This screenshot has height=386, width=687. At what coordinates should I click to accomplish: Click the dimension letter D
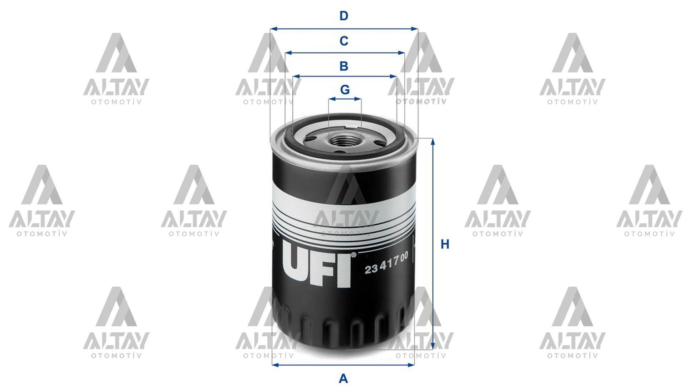(343, 16)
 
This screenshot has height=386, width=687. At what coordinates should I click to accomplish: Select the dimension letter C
(343, 41)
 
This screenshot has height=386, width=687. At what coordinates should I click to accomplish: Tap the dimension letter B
(343, 66)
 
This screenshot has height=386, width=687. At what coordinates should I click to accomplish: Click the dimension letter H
(445, 244)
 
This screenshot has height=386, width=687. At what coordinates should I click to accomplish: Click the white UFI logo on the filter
(316, 266)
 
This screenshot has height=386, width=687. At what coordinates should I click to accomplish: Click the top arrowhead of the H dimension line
(433, 142)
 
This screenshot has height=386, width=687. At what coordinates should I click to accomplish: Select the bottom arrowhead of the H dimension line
(433, 348)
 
